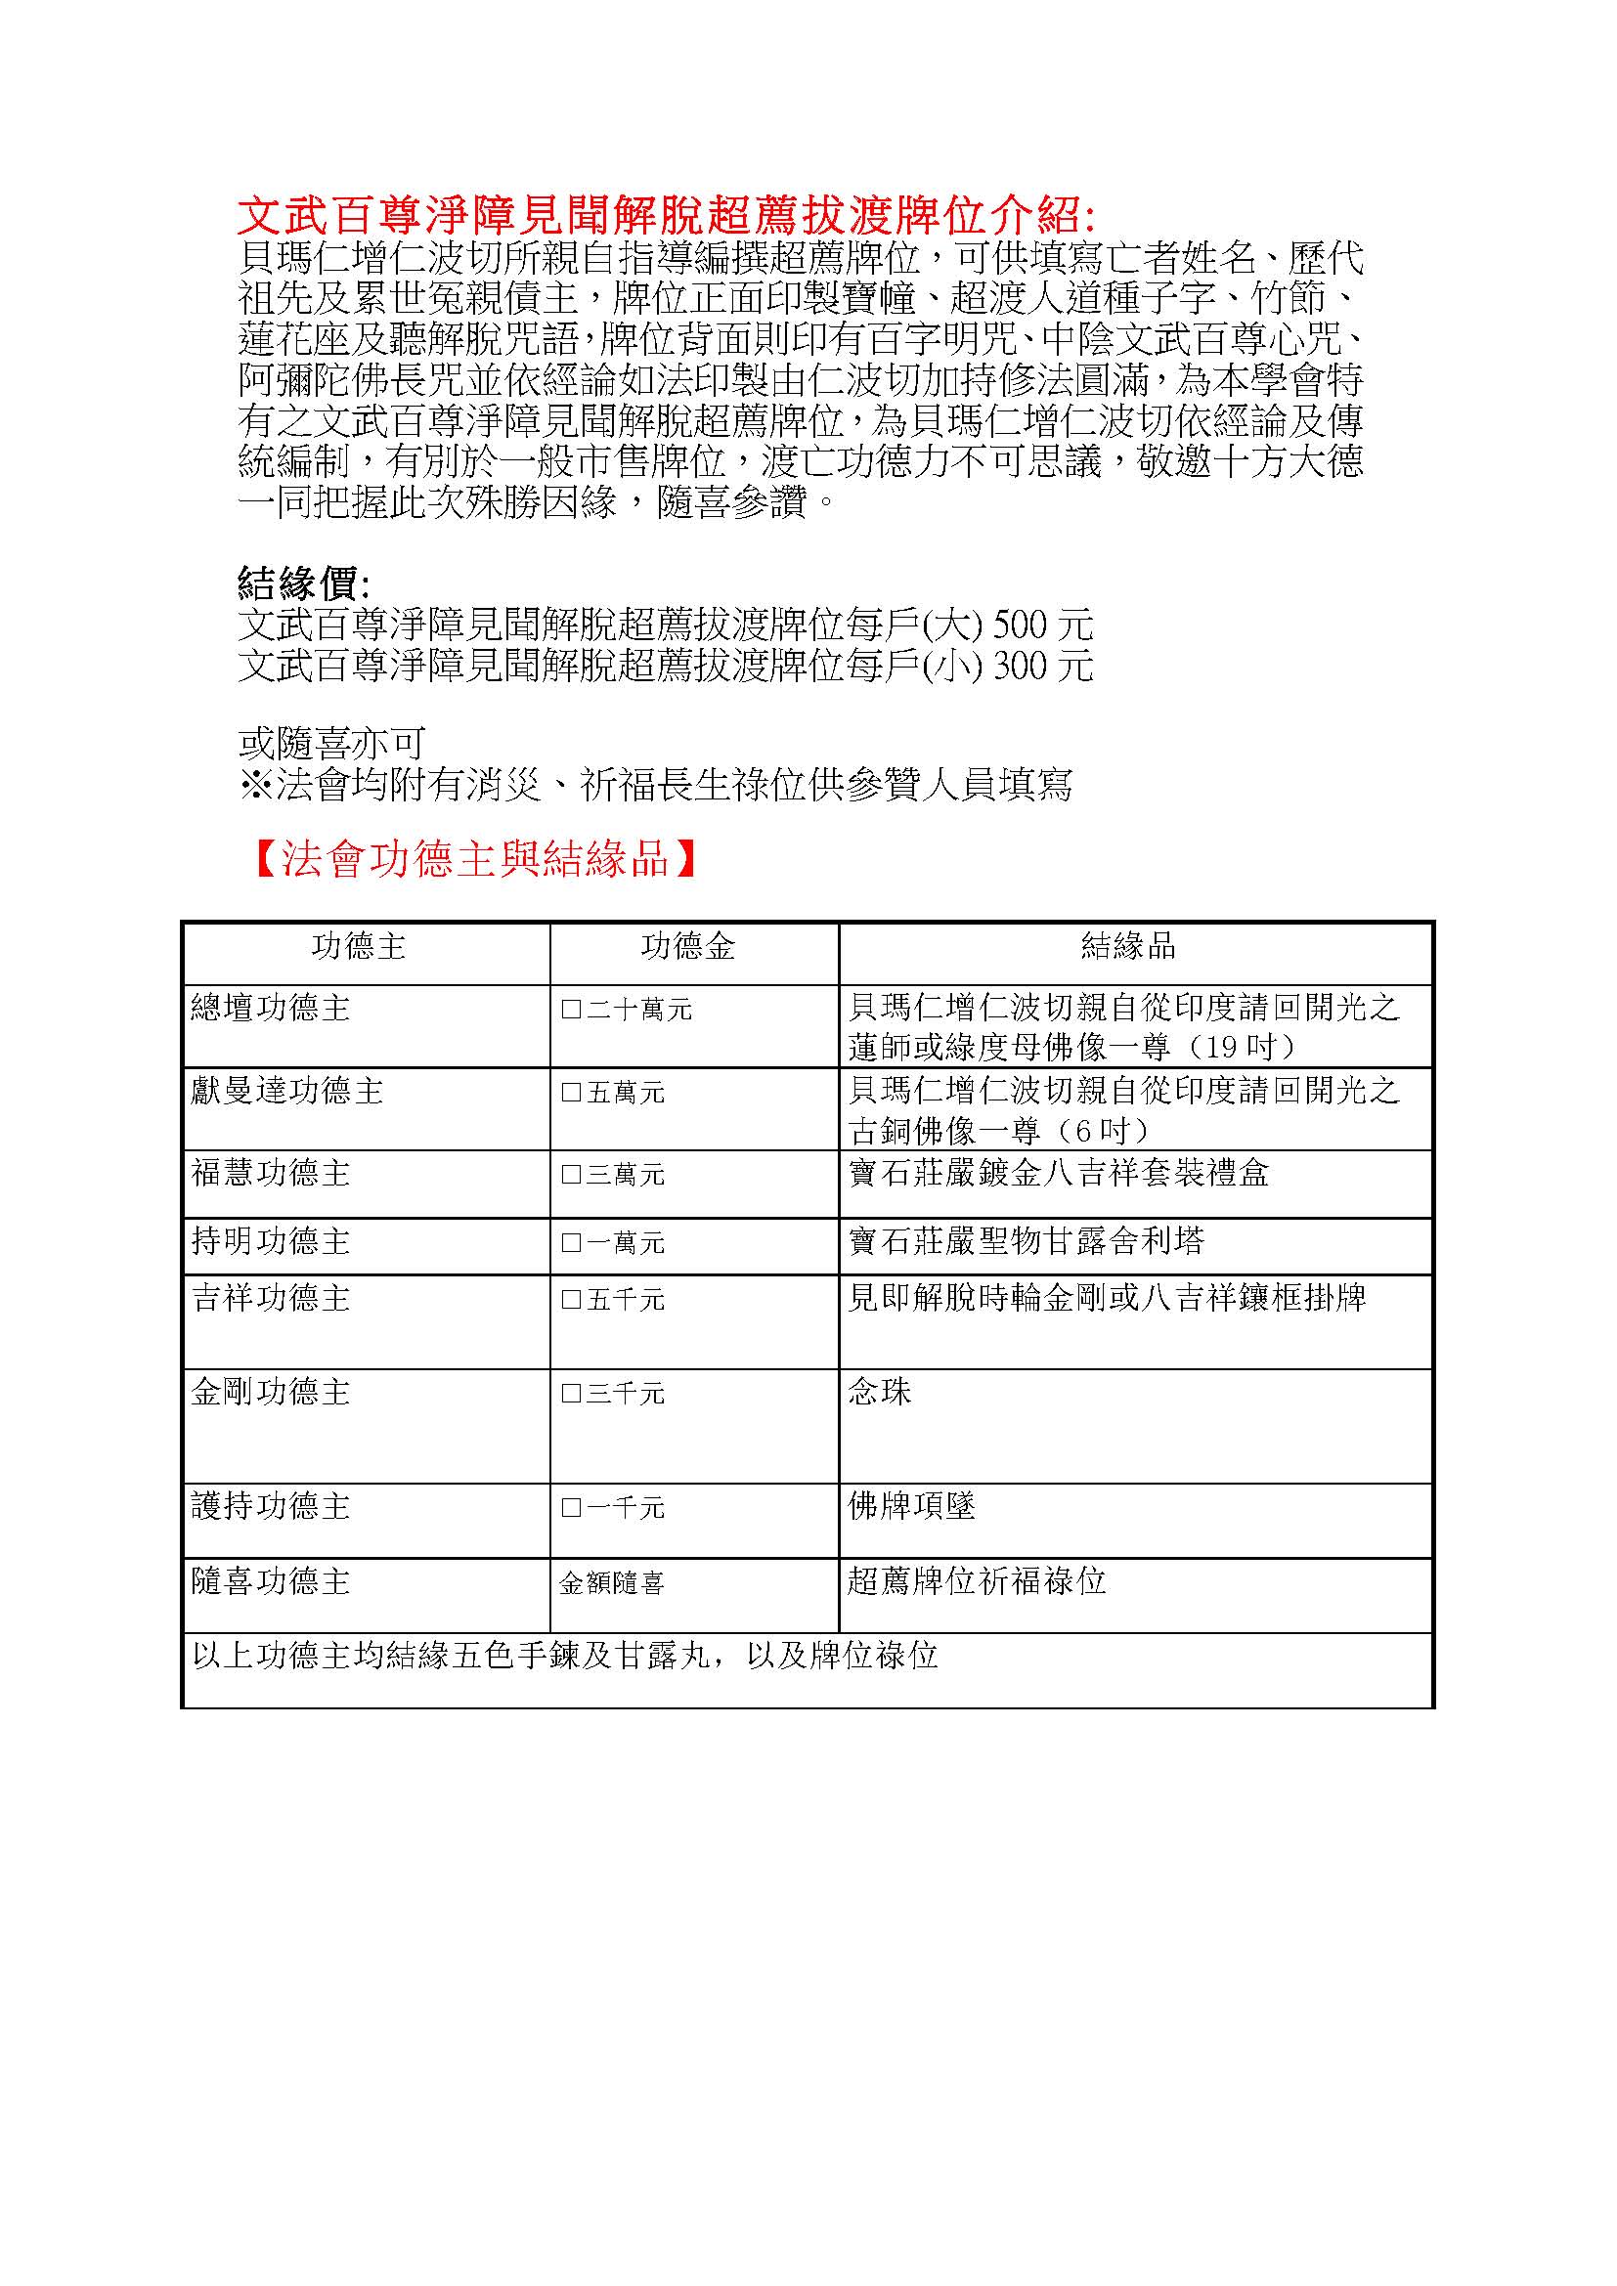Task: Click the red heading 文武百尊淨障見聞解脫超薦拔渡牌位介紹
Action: tap(665, 214)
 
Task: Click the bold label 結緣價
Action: tap(303, 582)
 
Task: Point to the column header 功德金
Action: tap(688, 946)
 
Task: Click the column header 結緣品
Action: tap(1128, 946)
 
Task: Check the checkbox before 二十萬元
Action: tap(572, 1010)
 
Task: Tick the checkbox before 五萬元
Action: tap(572, 1094)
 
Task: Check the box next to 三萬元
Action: tap(572, 1175)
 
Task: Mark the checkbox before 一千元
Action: tap(572, 1508)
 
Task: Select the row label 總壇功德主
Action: tap(271, 1009)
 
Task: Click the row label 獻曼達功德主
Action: tap(286, 1093)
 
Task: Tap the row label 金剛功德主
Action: tap(271, 1392)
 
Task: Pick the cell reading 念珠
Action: tap(879, 1392)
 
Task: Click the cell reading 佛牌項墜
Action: tap(911, 1506)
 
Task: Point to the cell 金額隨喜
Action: tap(611, 1583)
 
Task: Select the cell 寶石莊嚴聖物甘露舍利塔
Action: tap(1026, 1240)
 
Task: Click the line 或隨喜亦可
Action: tap(331, 743)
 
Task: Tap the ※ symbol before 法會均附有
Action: tap(257, 786)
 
